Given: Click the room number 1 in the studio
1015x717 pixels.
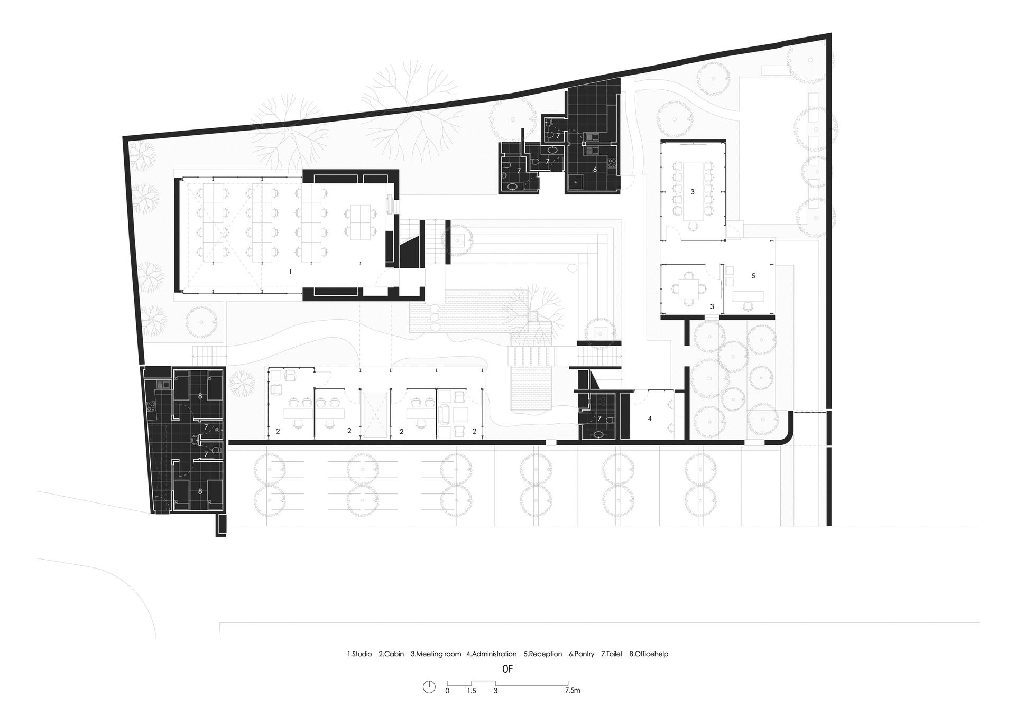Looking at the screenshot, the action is pos(290,271).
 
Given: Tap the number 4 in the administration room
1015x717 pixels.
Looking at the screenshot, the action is pos(650,418).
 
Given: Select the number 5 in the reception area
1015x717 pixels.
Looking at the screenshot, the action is pos(753,276).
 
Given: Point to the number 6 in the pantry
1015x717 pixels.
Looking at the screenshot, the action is pos(595,170).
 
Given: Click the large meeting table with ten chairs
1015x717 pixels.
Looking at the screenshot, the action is pos(692,192).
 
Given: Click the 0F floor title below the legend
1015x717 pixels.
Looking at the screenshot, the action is pos(508,669).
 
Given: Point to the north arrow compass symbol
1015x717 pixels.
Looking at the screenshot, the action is pos(429,686).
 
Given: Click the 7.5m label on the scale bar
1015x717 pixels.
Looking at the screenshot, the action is pos(572,690).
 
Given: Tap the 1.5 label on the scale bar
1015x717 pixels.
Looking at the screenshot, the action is pos(472,690).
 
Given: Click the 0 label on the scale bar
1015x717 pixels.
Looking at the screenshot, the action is pos(447,690).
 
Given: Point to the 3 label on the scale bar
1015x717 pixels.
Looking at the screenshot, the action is pos(495,690).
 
